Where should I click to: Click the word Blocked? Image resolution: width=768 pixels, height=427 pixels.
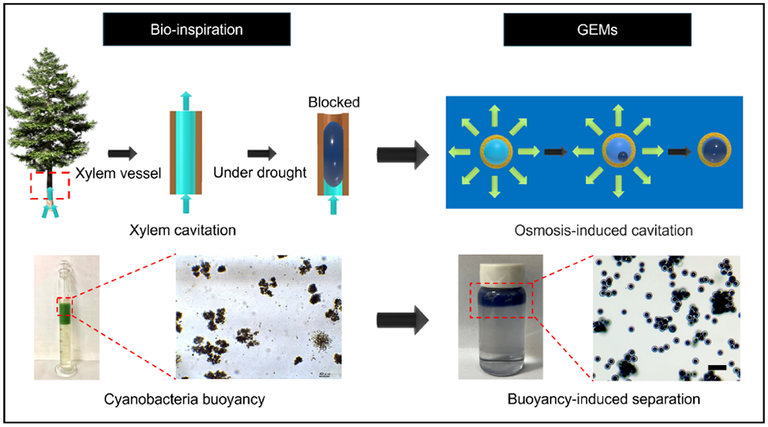[x=334, y=102]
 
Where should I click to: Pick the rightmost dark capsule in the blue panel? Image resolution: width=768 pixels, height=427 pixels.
[x=712, y=151]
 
